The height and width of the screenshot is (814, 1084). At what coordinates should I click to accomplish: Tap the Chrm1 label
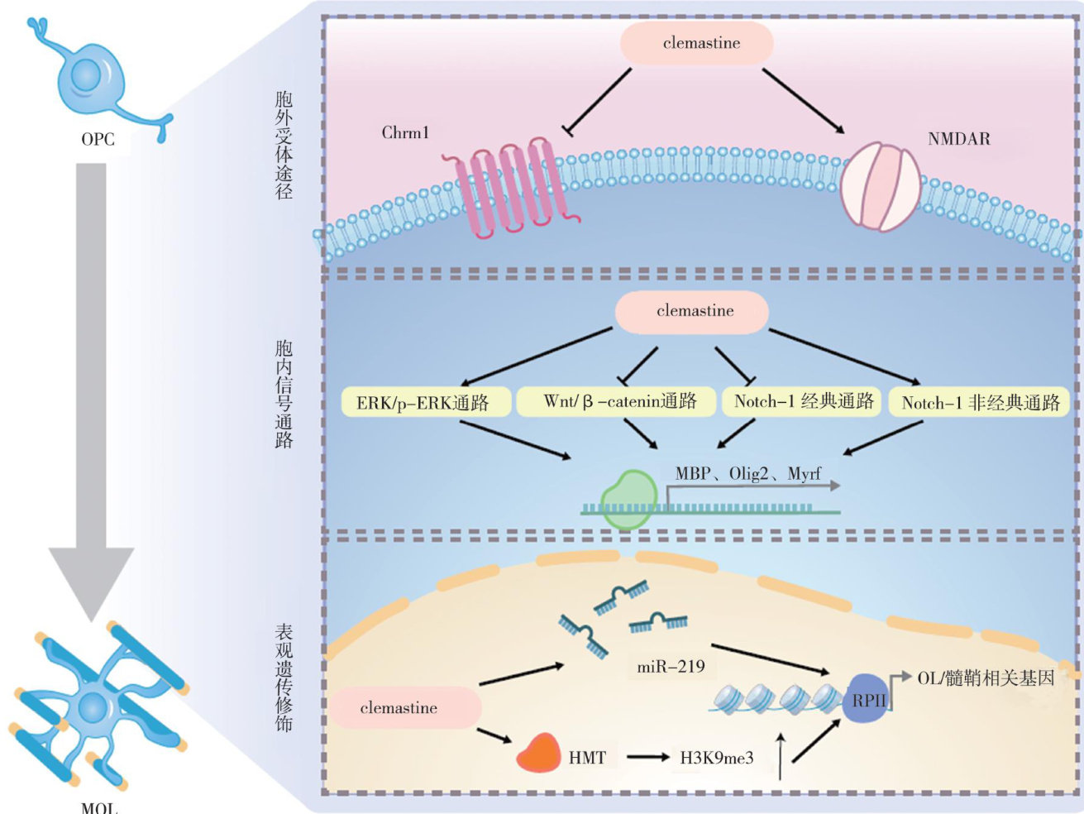point(405,132)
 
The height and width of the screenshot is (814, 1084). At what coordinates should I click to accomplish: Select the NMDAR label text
point(958,139)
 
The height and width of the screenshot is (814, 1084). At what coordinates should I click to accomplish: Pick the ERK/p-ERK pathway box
point(423,403)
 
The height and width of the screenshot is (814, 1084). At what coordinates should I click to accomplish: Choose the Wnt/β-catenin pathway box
point(619,401)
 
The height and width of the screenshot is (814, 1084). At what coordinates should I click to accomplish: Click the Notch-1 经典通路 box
point(803,401)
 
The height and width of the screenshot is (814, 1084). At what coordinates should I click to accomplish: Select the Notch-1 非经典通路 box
point(980,403)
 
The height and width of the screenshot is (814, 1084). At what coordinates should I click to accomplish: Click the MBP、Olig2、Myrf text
point(747,474)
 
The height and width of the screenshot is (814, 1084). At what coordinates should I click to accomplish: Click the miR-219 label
point(671,666)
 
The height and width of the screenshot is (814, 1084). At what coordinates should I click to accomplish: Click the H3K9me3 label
point(716,757)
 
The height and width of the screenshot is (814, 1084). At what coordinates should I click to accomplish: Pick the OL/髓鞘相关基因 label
point(986,678)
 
